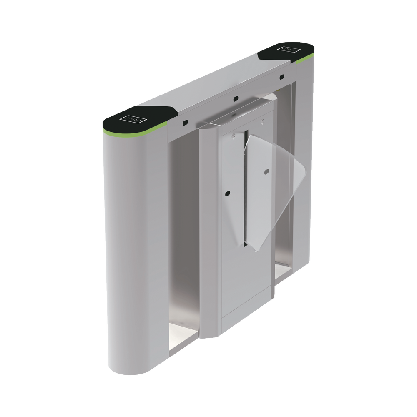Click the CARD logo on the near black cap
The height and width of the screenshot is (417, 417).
tap(133, 118)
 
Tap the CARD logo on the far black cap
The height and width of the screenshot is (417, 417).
tap(288, 50)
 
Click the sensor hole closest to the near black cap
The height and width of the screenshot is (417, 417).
tap(184, 123)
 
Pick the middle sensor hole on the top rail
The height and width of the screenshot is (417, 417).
tap(236, 99)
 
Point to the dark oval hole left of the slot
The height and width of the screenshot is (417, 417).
tap(227, 193)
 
